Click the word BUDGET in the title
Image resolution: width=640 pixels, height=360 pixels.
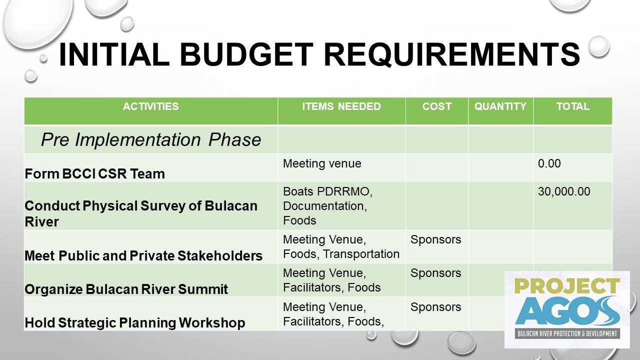point(246,54)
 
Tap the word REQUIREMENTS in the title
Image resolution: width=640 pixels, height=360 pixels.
point(451,54)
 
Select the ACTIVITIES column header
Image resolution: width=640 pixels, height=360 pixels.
point(151,106)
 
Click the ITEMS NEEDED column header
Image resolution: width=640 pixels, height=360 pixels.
point(341,106)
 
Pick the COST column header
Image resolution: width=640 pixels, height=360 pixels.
point(437,106)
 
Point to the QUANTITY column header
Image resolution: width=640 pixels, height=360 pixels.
point(500,106)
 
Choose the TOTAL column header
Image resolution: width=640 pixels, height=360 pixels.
point(573,106)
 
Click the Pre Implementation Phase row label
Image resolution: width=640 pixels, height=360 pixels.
point(151,139)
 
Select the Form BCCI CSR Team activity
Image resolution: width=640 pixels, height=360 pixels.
point(95,173)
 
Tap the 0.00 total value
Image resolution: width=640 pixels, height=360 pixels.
point(549,163)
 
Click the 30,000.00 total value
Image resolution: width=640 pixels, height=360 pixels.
point(564,191)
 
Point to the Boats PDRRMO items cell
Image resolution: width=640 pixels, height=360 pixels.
point(327,205)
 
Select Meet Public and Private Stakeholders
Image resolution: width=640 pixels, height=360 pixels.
point(143,255)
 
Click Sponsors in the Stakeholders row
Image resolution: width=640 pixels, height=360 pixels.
point(435,239)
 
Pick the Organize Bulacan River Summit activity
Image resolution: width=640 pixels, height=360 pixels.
point(126,289)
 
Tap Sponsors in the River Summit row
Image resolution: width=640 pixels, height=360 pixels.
point(435,273)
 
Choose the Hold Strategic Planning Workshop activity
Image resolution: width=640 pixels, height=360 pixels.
point(135,322)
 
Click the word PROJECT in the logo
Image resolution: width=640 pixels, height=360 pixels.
point(567,286)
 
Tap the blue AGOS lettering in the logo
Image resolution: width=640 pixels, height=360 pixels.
point(567,311)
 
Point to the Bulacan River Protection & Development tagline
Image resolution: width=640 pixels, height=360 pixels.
point(567,333)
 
